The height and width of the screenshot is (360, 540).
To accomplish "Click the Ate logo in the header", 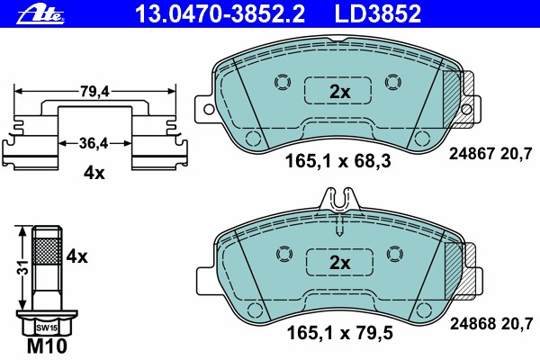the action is point(41,14).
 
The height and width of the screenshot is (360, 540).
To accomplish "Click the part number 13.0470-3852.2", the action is point(220,13).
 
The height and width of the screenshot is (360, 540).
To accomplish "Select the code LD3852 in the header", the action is point(378,13).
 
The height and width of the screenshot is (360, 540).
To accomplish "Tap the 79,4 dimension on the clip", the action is point(94,92).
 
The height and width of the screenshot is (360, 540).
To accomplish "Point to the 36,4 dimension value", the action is point(94,143).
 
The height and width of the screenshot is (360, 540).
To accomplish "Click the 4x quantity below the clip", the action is point(94,173).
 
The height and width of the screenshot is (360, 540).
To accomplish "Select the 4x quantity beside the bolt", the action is point(76,256).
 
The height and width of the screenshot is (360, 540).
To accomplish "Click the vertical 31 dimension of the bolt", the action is point(23,267).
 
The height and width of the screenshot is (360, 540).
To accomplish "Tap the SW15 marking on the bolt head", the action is point(47,328).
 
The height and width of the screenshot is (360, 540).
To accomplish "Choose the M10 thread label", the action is point(47,346).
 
